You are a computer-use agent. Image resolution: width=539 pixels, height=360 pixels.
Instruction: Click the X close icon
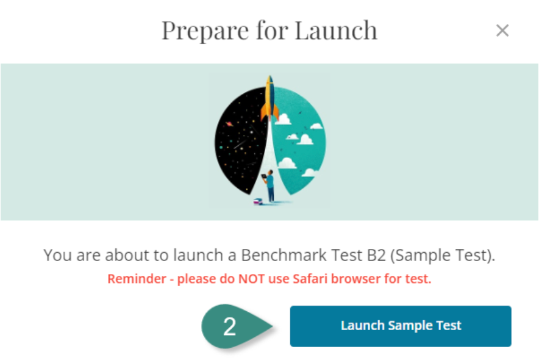pos(502,31)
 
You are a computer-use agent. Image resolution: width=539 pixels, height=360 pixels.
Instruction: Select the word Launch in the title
pos(336,31)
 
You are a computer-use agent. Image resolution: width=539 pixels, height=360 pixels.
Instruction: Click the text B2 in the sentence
pos(377,255)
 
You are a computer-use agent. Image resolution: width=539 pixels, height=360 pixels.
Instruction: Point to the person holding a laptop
pos(269,186)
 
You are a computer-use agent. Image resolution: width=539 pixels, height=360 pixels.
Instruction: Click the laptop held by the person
pos(263,177)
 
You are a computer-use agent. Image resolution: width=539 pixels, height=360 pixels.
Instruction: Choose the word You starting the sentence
pos(57,255)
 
